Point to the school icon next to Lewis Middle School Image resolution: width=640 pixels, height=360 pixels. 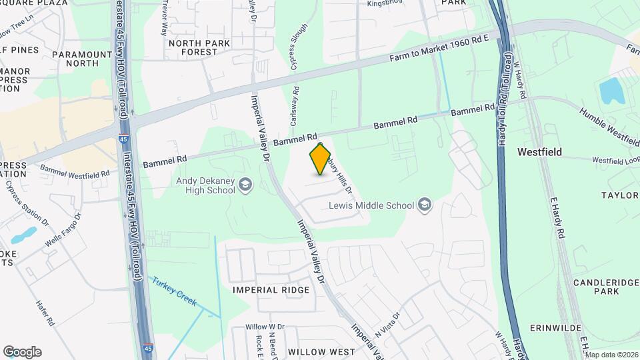click(424, 205)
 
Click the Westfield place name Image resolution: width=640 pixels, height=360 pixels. click(539, 152)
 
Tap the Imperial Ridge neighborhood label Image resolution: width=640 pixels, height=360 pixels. click(271, 290)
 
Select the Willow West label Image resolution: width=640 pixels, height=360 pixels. click(322, 351)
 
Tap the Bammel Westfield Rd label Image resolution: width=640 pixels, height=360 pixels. click(74, 171)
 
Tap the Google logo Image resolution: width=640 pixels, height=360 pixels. click(22, 352)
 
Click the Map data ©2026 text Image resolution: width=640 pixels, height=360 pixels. click(611, 355)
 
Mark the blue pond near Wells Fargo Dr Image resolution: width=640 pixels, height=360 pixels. click(24, 235)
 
